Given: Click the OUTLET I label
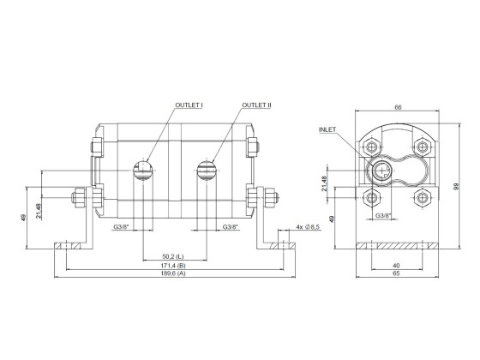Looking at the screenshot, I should point(189,105).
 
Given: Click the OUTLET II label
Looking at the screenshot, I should point(255,105).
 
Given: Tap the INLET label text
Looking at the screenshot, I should point(327,129).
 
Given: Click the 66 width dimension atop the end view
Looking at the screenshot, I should point(397,107).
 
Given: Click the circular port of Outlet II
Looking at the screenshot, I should point(207,168).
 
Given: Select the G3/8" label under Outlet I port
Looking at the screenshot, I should point(123,226).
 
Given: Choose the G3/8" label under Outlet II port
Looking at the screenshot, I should point(231,226).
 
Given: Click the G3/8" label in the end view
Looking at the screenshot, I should point(384,217).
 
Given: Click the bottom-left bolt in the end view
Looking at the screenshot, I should point(372,197).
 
